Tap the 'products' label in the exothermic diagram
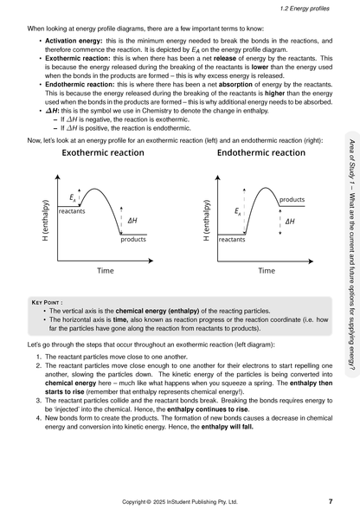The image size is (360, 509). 133,239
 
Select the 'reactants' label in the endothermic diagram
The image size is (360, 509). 231,239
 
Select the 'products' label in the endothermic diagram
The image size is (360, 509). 292,200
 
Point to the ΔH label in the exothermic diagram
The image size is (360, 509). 132,220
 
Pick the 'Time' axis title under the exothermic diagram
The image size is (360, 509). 105,271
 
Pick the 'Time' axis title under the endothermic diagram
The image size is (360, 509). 267,271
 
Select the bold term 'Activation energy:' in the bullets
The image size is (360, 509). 73,41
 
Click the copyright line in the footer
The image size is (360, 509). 179,501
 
